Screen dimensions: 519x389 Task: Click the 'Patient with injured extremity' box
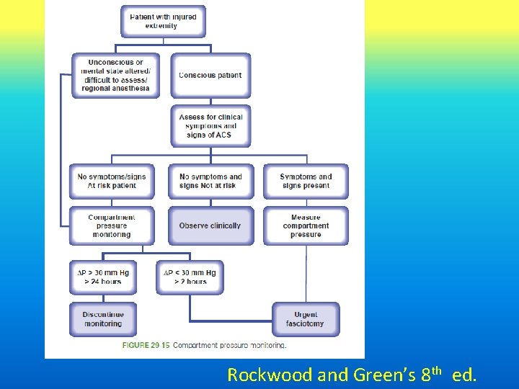pos(163,22)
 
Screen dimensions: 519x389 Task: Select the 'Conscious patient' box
pos(210,76)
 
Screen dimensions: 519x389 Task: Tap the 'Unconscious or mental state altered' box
pos(115,76)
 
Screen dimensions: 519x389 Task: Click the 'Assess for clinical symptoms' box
pos(210,126)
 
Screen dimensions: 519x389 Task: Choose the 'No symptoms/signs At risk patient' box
pos(112,182)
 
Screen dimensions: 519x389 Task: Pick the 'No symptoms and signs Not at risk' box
pos(210,182)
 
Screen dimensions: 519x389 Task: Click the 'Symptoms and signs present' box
pos(306,182)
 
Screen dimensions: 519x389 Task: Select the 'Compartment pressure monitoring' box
pos(112,226)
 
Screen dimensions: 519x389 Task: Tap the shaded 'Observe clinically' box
pos(210,226)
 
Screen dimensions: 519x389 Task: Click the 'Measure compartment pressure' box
pos(306,226)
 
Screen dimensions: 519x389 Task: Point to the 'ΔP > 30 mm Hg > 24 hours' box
pos(103,277)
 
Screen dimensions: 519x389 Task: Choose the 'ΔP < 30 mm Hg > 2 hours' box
pos(190,277)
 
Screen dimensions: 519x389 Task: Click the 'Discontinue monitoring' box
pos(103,319)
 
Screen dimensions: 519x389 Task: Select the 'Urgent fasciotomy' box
pos(306,319)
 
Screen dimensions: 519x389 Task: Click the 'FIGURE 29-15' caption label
pos(146,345)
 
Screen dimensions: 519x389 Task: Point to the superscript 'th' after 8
pos(437,371)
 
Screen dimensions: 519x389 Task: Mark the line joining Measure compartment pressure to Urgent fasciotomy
pos(306,274)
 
